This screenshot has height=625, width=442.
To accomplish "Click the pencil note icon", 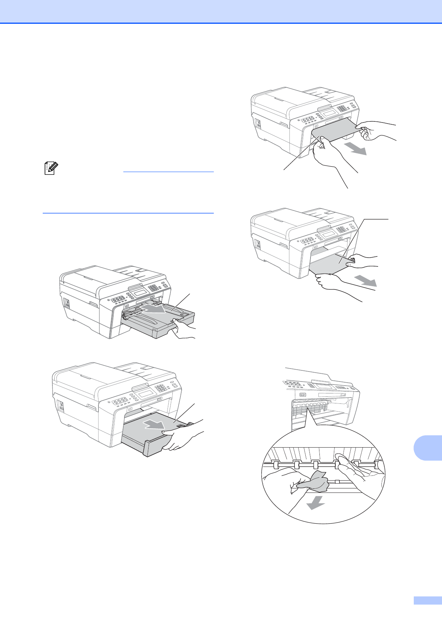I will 49,169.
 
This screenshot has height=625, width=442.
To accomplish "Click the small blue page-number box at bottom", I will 428,601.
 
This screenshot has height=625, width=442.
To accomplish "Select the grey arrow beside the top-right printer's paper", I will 355,149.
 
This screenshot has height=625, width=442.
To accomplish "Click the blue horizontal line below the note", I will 128,213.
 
